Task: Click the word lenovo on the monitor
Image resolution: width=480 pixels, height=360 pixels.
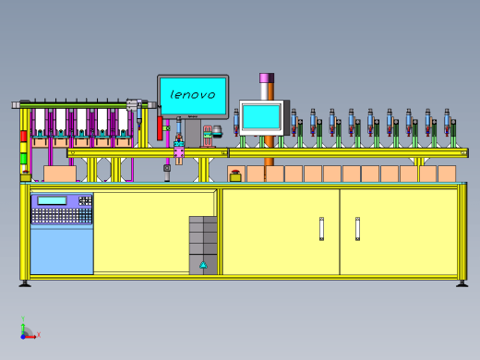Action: click(x=193, y=94)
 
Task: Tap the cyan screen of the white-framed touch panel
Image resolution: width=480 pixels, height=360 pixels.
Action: click(x=261, y=116)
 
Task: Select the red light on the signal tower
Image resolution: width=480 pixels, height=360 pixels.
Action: click(x=24, y=137)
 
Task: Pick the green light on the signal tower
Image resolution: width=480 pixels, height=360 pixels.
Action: click(x=24, y=159)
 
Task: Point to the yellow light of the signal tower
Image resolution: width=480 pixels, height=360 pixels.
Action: click(x=24, y=148)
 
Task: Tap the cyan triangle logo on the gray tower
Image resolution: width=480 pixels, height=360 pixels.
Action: click(x=203, y=265)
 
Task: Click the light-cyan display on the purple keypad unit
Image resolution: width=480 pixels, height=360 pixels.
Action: click(x=52, y=200)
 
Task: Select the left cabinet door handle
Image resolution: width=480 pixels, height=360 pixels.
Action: click(x=321, y=229)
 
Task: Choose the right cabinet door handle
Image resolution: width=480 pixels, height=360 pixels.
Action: click(x=357, y=229)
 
